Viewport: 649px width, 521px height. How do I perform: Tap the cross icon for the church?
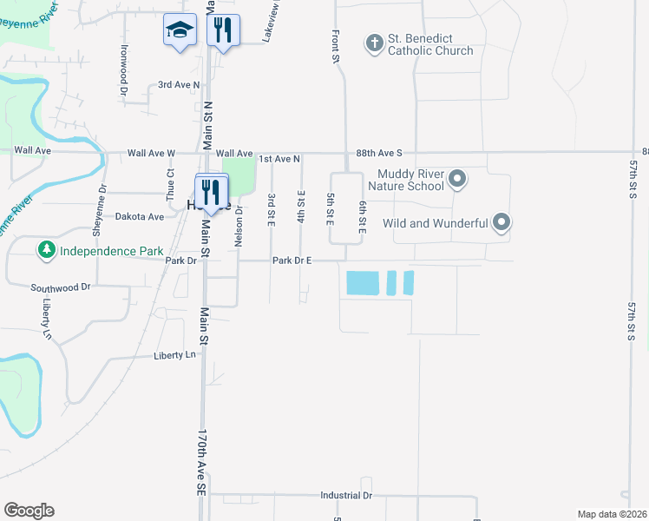click(x=375, y=43)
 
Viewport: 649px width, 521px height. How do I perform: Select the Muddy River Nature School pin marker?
click(x=459, y=180)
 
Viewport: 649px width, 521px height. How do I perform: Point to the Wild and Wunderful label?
click(x=435, y=223)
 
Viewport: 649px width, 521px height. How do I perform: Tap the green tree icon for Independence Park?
click(x=45, y=251)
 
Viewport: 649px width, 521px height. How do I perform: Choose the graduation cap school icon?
click(x=180, y=31)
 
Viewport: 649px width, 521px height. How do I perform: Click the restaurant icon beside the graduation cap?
click(x=223, y=31)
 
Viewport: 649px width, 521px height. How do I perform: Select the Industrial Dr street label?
click(x=345, y=495)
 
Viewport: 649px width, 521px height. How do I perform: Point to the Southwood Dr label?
click(x=61, y=287)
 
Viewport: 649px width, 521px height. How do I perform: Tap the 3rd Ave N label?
click(x=179, y=85)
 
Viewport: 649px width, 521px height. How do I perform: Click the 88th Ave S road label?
click(x=378, y=153)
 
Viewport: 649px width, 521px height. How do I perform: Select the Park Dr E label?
click(x=292, y=260)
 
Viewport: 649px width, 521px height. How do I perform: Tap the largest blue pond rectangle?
click(x=362, y=282)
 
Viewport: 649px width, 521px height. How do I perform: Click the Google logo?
click(x=29, y=511)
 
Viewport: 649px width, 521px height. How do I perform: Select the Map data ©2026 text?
click(x=611, y=514)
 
